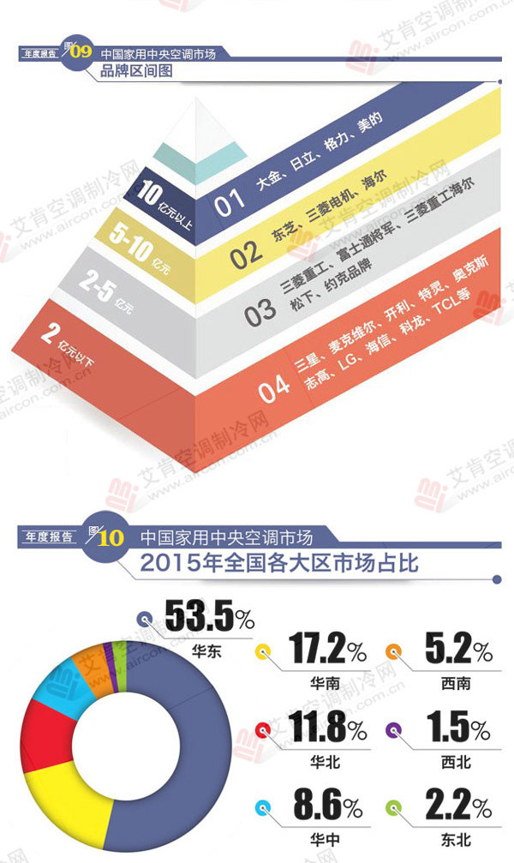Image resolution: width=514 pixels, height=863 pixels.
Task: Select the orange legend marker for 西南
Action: pos(397,650)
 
